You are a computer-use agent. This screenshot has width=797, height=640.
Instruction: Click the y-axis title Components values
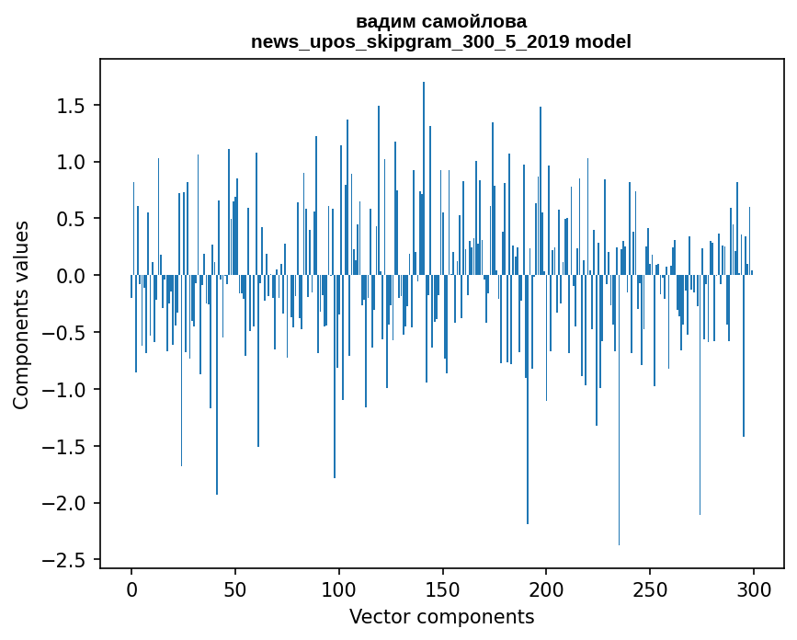[x=21, y=314]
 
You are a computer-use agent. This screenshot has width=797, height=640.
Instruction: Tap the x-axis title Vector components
[x=441, y=617]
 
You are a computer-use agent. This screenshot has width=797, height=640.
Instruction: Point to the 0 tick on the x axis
[x=131, y=588]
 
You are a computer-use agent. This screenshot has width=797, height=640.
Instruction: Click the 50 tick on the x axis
[x=235, y=588]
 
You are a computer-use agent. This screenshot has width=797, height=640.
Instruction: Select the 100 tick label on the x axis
[x=339, y=588]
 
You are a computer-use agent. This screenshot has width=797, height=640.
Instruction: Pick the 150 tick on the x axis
[x=443, y=588]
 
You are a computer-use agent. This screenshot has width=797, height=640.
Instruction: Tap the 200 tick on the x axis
[x=547, y=588]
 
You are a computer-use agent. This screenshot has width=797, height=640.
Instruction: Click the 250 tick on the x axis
[x=651, y=588]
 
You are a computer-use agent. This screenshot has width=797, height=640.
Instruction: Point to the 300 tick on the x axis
[x=755, y=588]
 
